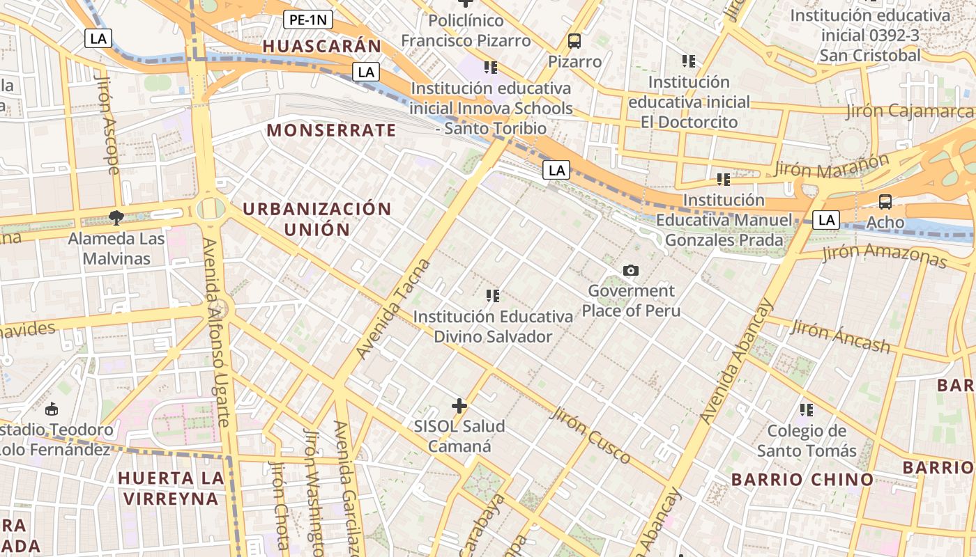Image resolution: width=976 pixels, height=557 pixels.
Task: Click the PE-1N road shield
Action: point(307,19)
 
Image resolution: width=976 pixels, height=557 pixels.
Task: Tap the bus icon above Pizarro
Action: point(574,41)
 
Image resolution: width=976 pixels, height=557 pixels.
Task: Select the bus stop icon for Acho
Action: point(885,202)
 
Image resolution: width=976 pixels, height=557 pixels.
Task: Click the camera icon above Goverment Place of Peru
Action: point(631,270)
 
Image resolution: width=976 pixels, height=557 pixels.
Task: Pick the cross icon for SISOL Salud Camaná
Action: point(459,405)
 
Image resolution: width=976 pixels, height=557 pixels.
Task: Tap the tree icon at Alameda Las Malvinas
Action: point(116,219)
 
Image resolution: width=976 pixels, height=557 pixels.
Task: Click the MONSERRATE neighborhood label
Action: point(331,130)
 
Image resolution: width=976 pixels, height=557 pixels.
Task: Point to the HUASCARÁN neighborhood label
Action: point(322,47)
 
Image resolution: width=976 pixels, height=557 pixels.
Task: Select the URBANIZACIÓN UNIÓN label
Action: point(317,219)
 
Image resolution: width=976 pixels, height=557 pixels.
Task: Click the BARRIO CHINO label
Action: point(802,479)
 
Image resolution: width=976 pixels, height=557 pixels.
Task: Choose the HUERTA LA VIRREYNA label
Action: point(171,488)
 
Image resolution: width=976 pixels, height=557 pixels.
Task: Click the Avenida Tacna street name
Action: point(394,308)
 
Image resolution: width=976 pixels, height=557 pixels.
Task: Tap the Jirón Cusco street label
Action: point(590,435)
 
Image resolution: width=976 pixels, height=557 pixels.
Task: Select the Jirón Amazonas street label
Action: point(885,256)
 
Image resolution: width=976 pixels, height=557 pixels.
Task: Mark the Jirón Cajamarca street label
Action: point(910,111)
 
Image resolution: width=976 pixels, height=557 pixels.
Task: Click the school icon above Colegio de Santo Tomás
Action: point(807,409)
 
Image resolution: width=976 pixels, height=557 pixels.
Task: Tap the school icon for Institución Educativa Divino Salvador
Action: point(493,296)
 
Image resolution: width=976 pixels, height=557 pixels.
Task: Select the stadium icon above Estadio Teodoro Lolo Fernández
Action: point(51,409)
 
